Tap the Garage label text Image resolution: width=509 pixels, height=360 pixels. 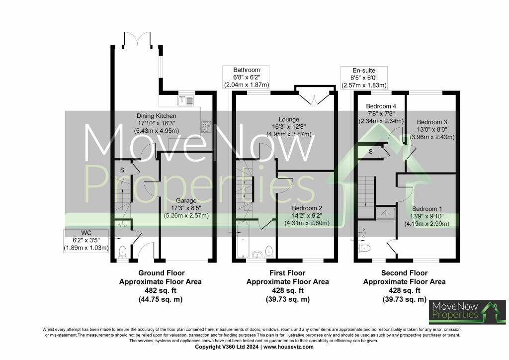185,200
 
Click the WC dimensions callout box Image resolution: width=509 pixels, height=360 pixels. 86,240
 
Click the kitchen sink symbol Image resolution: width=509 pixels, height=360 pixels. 186,101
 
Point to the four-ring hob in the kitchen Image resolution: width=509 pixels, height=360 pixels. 206,127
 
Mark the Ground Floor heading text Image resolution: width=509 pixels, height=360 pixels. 161,273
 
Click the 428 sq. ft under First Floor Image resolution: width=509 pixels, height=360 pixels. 287,290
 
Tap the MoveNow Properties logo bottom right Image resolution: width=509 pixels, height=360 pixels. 467,312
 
